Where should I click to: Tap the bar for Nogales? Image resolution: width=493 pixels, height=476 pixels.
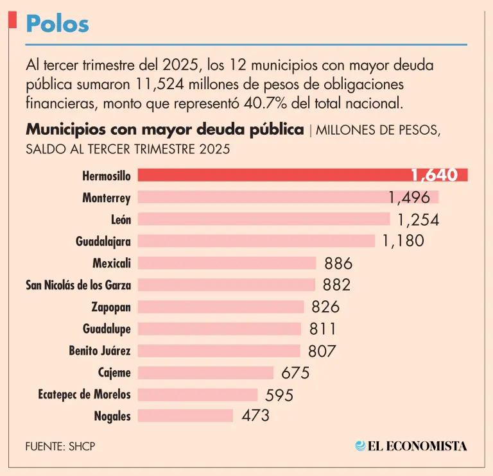(x=186, y=416)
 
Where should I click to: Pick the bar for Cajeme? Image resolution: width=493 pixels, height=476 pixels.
(x=206, y=372)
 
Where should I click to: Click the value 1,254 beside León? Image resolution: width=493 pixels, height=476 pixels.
(x=418, y=219)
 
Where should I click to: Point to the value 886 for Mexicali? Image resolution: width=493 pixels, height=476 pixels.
(x=338, y=263)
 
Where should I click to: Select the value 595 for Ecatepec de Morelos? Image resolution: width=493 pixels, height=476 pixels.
(x=279, y=395)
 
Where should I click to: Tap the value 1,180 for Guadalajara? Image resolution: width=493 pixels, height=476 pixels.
(x=403, y=241)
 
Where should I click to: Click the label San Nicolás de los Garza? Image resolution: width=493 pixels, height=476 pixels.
(x=78, y=285)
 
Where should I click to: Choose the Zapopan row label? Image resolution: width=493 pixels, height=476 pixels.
(x=111, y=307)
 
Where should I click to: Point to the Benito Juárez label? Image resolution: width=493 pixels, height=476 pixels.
(x=99, y=350)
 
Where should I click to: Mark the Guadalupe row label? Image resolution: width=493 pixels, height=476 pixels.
(x=107, y=328)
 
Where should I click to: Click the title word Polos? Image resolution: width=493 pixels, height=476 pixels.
(x=57, y=24)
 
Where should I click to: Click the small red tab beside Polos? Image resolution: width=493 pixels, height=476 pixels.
(x=12, y=19)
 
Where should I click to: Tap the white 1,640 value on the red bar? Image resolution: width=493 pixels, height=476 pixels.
(x=434, y=175)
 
